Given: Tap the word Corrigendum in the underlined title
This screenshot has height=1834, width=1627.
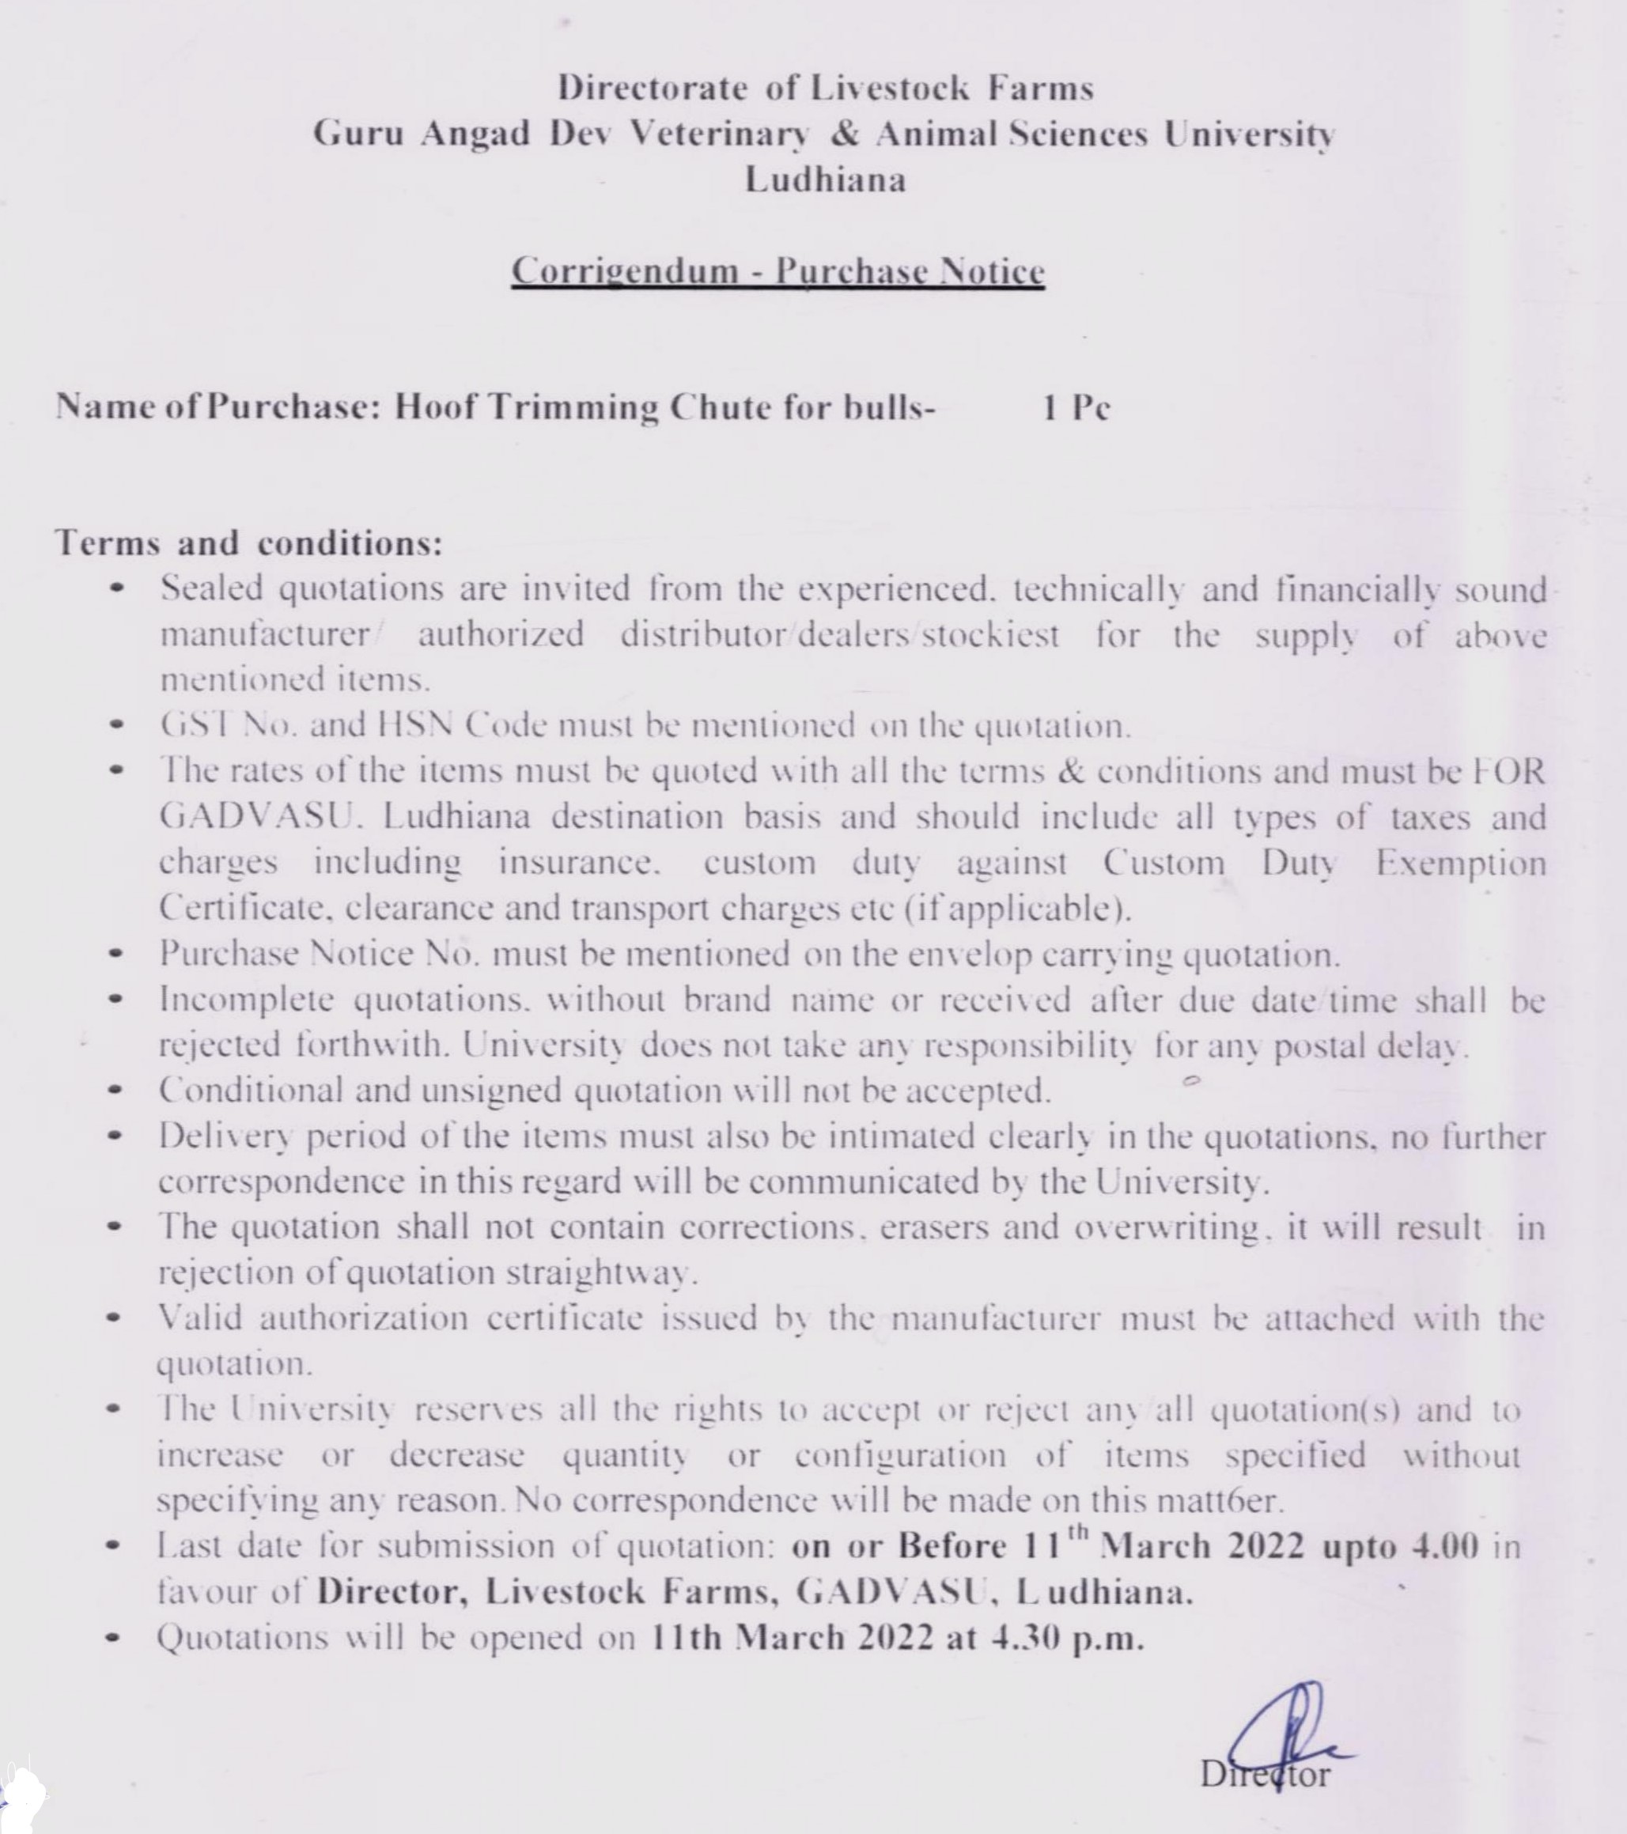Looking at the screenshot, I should (x=625, y=271).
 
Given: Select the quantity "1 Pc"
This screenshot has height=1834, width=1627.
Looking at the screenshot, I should (x=1076, y=408).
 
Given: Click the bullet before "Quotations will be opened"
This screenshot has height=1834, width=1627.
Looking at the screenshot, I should (x=113, y=1638).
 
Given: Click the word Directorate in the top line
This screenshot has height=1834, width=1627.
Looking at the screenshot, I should (x=653, y=88).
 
